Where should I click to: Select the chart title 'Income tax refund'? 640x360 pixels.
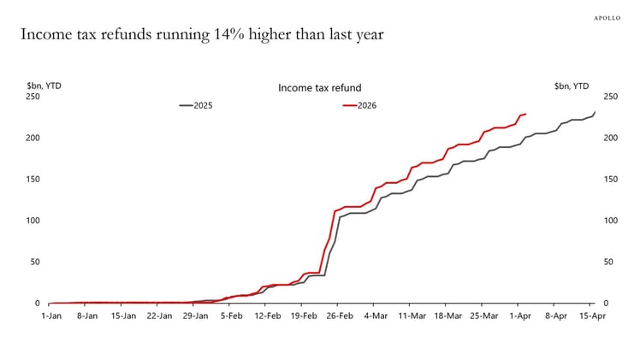(319, 87)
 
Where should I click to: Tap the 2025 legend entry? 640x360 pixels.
(196, 105)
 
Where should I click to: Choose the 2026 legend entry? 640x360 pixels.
(359, 105)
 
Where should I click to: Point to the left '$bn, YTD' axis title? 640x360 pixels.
(44, 86)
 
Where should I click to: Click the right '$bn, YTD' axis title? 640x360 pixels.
(572, 86)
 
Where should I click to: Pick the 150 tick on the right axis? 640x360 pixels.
(610, 180)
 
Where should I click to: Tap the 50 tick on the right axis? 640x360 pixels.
(608, 262)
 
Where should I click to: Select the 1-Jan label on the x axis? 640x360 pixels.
(51, 316)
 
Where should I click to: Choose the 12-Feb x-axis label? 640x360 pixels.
(267, 316)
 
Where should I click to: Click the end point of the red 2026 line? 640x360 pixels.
(525, 114)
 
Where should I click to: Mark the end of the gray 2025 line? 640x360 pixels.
(596, 111)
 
